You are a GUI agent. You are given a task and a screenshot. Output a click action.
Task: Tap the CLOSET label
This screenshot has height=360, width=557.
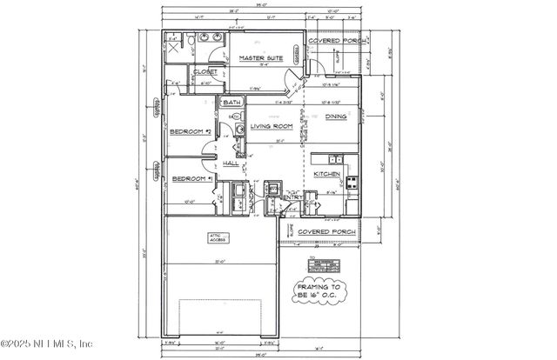coord(205,71)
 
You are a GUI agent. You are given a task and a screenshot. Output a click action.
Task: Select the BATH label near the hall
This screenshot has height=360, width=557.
coord(232,103)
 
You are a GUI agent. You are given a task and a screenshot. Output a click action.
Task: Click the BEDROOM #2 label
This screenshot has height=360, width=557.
coord(191,131)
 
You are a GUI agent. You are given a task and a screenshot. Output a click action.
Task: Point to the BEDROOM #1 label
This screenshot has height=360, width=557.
coord(191,178)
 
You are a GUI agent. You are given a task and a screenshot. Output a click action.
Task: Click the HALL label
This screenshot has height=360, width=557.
coord(231,163)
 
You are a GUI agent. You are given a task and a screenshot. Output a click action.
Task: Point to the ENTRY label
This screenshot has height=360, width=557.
coord(291,198)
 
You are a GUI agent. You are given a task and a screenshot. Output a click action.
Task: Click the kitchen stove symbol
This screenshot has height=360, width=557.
coord(352,183)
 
